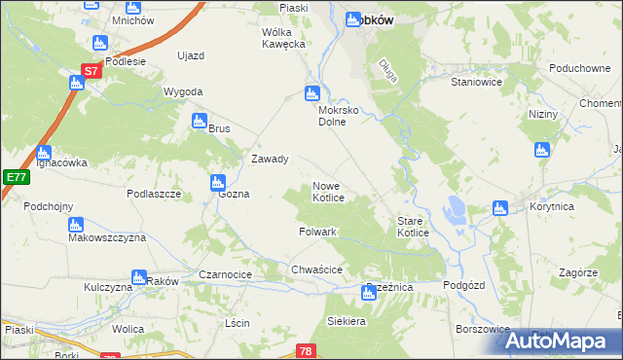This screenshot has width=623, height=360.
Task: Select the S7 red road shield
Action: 90,71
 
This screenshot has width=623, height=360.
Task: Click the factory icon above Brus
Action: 200,122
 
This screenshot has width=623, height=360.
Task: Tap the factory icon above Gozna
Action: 217,181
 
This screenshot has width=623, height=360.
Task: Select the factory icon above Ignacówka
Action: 44,153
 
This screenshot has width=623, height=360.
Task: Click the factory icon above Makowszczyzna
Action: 76,226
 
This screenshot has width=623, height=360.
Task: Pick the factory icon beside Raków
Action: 138,277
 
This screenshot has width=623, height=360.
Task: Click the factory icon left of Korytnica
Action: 500,207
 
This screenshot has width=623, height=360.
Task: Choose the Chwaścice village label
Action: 315,269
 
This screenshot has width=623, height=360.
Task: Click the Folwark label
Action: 317,233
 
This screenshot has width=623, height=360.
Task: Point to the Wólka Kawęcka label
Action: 283,38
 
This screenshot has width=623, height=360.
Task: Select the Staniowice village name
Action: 476,84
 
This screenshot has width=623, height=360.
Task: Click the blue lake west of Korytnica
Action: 455,207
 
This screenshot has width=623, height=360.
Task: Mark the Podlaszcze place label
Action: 155,194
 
